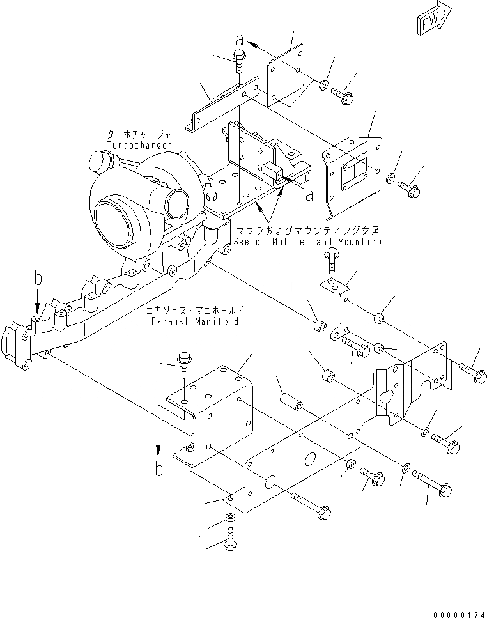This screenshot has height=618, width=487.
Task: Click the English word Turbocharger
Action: pyautogui.click(x=139, y=146)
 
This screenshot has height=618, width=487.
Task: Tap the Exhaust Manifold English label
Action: pyautogui.click(x=194, y=321)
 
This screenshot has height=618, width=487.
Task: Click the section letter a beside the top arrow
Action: pyautogui.click(x=239, y=40)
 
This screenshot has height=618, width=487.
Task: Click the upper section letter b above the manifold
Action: pyautogui.click(x=38, y=279)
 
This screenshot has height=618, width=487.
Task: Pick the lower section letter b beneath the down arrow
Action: pyautogui.click(x=159, y=470)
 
